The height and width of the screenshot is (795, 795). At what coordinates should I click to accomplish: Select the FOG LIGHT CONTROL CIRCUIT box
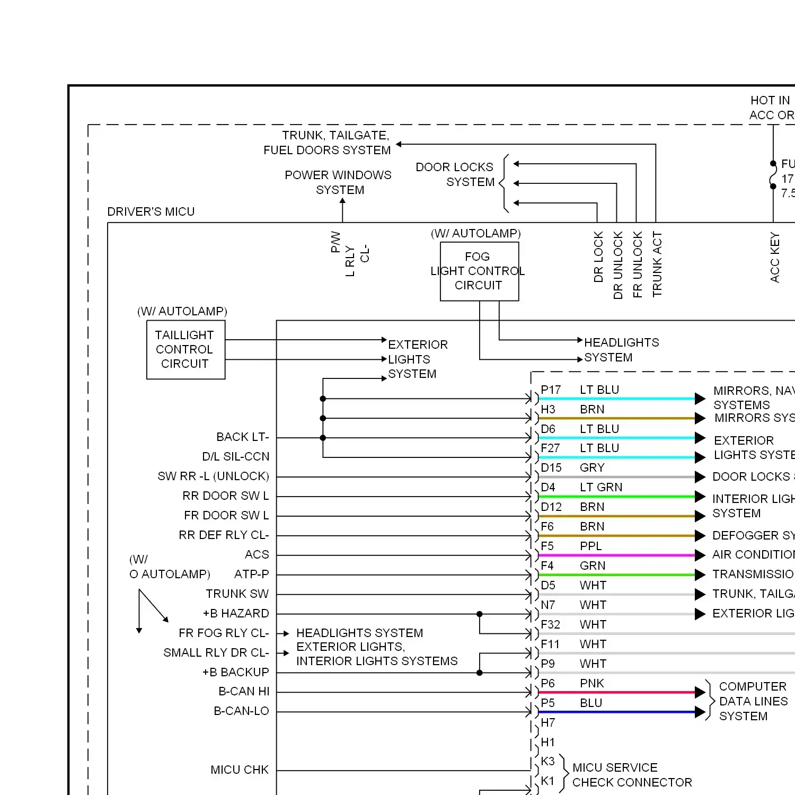pos(479,271)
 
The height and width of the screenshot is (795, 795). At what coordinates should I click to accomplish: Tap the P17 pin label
pos(551,390)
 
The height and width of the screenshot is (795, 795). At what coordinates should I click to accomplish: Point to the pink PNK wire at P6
pos(615,692)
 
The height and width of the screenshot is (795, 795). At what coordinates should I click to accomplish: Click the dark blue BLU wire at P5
pos(615,712)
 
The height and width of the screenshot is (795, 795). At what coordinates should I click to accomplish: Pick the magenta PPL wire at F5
pos(615,555)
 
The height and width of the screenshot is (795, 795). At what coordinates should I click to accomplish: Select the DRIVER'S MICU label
pos(151,212)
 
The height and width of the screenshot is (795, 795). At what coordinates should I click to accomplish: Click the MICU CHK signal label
pos(240,770)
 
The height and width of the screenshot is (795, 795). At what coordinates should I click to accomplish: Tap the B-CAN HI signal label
pos(244,692)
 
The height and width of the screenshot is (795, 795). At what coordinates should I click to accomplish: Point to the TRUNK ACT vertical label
pos(657,264)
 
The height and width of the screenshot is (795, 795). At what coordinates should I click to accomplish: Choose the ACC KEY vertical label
pos(775,258)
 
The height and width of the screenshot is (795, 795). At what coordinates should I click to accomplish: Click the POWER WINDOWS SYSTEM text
pos(339,182)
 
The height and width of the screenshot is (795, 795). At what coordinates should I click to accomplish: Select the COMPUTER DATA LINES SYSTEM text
pos(753,701)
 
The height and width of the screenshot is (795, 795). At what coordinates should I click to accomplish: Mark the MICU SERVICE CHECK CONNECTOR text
pos(632,775)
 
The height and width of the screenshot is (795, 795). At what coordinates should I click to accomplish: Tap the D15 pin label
pos(551,468)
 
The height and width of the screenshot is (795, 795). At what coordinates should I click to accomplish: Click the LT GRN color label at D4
pos(601,488)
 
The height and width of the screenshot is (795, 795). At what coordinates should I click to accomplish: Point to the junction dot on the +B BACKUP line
pos(480,673)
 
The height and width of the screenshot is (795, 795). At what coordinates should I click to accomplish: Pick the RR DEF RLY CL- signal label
pos(224,535)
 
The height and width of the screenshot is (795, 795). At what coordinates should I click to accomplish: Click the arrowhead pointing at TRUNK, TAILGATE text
pos(399,144)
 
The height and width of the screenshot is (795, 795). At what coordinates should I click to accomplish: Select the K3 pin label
pos(547,762)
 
